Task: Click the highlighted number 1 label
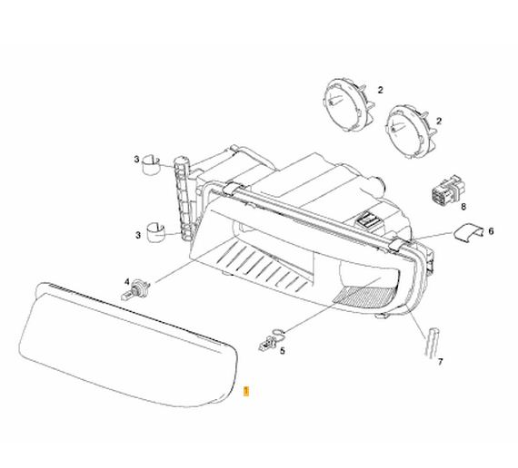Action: click(245, 391)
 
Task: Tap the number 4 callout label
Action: click(127, 282)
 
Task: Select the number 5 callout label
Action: click(282, 351)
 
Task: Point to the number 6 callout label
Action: click(491, 231)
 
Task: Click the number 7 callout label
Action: click(440, 362)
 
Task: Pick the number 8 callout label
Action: click(463, 207)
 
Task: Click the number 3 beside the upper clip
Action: click(136, 160)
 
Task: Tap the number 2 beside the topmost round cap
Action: click(381, 90)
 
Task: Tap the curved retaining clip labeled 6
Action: click(468, 231)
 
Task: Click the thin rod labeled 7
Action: click(432, 342)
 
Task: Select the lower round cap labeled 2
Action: click(410, 131)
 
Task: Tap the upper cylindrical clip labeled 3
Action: click(151, 164)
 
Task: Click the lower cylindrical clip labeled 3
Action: click(155, 232)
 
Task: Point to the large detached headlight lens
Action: click(128, 345)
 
